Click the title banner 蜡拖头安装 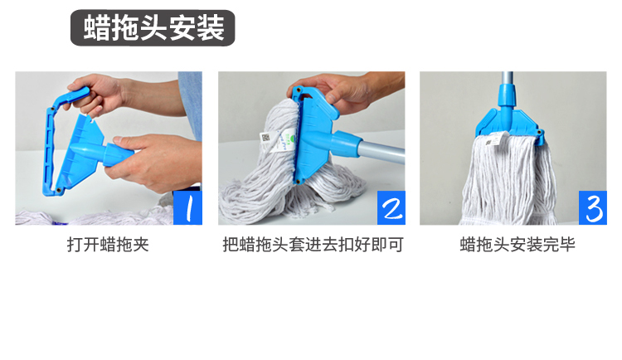[x=153, y=27]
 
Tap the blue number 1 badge [x=187, y=207]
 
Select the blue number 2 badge [x=391, y=207]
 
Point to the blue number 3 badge [x=593, y=207]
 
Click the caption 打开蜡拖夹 [x=108, y=245]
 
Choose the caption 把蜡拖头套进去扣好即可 [x=313, y=245]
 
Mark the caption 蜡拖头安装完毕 [x=518, y=245]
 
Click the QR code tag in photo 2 [x=265, y=139]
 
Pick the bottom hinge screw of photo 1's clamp [x=59, y=191]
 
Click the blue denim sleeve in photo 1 [x=191, y=104]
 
